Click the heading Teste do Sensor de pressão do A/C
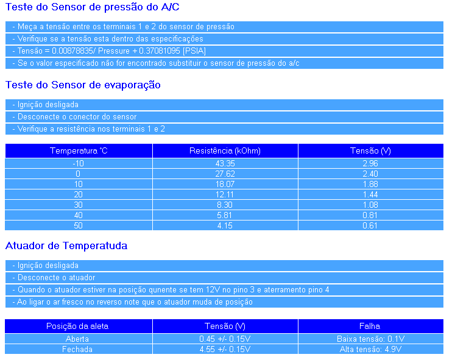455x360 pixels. tap(93, 8)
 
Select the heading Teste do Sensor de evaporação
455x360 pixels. tap(83, 85)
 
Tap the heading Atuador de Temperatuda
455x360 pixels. tap(66, 246)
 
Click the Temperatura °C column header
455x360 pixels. tap(79, 150)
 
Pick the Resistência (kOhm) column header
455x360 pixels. tap(225, 150)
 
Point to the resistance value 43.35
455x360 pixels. tap(225, 163)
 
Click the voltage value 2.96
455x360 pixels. tap(370, 163)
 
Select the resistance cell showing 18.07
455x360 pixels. tap(225, 184)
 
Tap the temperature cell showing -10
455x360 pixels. tap(78, 163)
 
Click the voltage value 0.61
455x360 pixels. tap(370, 225)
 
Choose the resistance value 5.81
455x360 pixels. tap(225, 215)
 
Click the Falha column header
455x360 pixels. tap(370, 326)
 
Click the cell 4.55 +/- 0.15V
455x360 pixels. tap(225, 349)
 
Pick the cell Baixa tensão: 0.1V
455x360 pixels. tap(370, 339)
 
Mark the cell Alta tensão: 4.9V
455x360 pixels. tap(370, 349)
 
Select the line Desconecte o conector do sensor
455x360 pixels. tap(77, 117)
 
